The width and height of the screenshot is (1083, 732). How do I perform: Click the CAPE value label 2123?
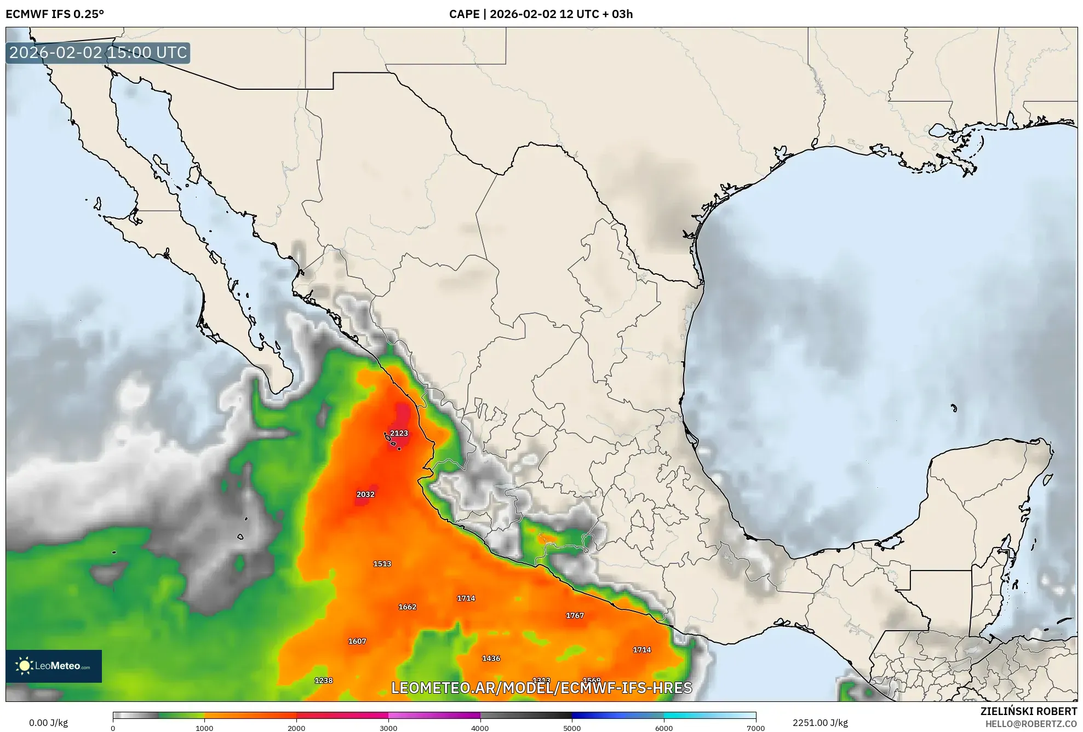pos(399,433)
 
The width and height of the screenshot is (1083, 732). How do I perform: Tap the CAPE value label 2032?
pos(365,494)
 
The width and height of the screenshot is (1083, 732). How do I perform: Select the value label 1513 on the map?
pos(382,564)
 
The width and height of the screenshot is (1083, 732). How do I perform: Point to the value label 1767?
pos(575,615)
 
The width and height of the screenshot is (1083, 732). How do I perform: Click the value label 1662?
pos(407,607)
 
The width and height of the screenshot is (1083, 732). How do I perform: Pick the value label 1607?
pos(357,641)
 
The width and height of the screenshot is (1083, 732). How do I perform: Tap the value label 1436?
pos(491,659)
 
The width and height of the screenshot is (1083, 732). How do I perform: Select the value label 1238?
pos(323,681)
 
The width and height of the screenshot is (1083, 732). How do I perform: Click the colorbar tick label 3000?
pos(388,728)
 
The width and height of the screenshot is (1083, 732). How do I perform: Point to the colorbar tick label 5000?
pos(572,728)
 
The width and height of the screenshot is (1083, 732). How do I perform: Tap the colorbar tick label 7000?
pos(755,728)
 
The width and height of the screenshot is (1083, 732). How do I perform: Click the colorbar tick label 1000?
pos(204,728)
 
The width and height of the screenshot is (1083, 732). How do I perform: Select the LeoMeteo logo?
pos(54,666)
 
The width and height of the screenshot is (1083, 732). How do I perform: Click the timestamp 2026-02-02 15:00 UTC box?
pos(98,53)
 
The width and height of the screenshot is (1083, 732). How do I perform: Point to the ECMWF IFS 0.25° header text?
pos(55,14)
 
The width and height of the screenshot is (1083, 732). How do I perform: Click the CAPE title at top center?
pos(541,14)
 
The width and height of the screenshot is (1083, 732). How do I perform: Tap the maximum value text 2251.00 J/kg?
pos(820,723)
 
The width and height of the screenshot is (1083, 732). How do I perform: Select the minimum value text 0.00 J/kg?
pos(48,723)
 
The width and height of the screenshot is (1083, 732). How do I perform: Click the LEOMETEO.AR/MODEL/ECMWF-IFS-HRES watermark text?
pos(541,688)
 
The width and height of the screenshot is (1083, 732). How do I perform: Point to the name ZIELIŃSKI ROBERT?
pos(1028,711)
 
